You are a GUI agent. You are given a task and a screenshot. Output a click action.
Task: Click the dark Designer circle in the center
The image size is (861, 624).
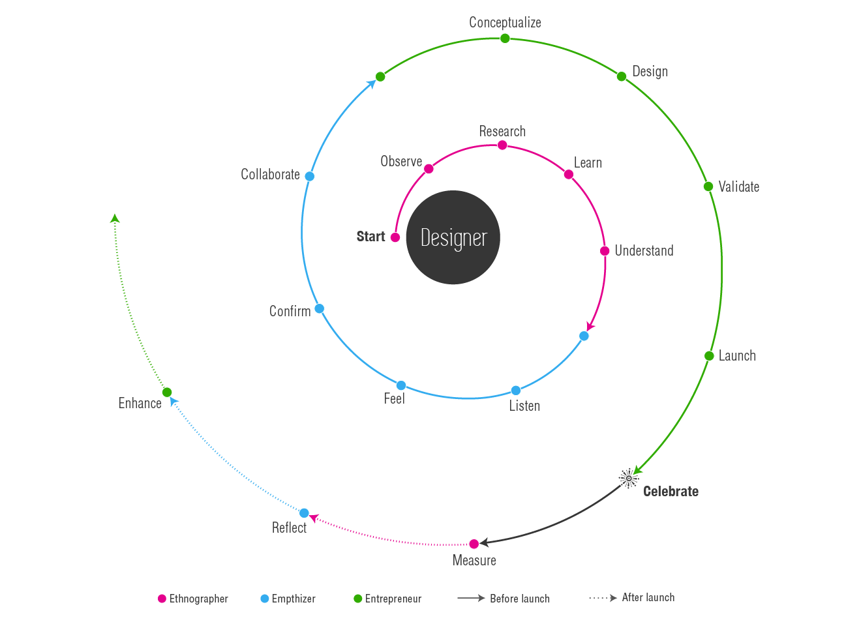point(453,237)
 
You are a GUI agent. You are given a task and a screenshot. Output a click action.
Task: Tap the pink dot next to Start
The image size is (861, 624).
point(395,237)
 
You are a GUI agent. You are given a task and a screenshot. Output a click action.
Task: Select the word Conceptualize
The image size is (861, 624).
point(505,22)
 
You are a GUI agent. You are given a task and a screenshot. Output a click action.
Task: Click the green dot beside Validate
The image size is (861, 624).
point(708,186)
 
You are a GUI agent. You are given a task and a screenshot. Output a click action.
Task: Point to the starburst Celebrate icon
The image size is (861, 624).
point(629,479)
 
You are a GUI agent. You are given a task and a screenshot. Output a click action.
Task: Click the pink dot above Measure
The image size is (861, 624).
point(474,544)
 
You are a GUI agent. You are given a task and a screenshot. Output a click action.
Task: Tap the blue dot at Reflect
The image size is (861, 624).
point(304,513)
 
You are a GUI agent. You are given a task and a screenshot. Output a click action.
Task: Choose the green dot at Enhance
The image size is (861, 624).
point(167,393)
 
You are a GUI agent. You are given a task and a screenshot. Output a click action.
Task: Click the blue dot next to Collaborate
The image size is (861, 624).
point(309,176)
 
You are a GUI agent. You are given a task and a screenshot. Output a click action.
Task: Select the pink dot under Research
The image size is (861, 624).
point(502,145)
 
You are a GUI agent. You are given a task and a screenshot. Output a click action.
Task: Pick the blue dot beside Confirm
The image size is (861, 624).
point(320,308)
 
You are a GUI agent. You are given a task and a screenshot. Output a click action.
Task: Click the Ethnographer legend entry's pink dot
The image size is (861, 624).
point(162,599)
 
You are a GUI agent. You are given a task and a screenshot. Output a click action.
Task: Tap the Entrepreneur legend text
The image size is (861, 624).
point(393,599)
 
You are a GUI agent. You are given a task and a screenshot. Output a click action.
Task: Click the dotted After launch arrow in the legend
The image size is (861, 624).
point(603,598)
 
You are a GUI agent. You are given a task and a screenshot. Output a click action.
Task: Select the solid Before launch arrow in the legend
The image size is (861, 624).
point(471,598)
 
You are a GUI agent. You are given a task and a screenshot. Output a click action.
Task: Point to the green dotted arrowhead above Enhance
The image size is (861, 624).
point(115,218)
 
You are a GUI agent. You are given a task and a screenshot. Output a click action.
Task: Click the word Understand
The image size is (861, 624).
point(644,250)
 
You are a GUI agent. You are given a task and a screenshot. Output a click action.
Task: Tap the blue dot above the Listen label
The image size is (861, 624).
point(516,391)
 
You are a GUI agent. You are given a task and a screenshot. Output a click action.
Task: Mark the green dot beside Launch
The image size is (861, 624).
point(709,356)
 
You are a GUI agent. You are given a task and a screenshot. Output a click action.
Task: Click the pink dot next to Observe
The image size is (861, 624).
point(429,169)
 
